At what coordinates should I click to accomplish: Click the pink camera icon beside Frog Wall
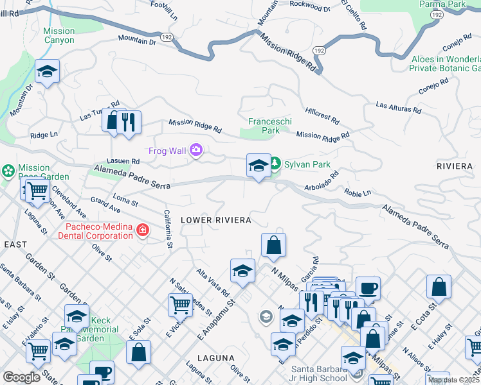pyautogui.click(x=196, y=151)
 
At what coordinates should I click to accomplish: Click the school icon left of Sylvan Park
pyautogui.click(x=259, y=166)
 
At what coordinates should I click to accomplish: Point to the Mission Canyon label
pyautogui.click(x=59, y=35)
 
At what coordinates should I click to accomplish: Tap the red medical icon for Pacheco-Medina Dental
pyautogui.click(x=141, y=230)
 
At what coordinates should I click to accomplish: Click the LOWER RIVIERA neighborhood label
pyautogui.click(x=215, y=220)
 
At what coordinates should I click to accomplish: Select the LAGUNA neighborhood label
pyautogui.click(x=213, y=357)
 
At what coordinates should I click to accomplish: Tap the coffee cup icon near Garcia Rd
pyautogui.click(x=368, y=287)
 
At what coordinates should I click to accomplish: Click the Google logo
pyautogui.click(x=21, y=377)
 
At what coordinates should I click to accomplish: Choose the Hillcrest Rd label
pyautogui.click(x=322, y=115)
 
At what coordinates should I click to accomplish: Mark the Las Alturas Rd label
pyautogui.click(x=398, y=108)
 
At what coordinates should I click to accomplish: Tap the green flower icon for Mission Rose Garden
pyautogui.click(x=8, y=171)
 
